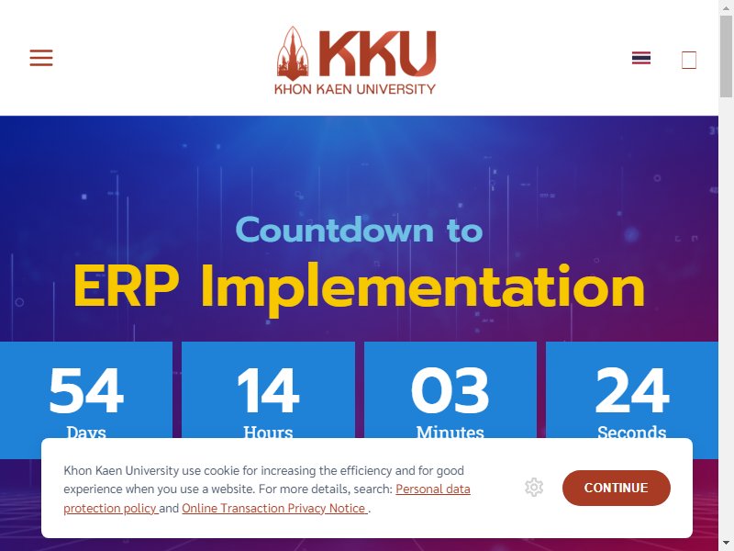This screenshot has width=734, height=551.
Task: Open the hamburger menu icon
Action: pos(41,58)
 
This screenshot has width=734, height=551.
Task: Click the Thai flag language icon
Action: pos(640,58)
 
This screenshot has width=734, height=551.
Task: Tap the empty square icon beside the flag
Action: pos(689,60)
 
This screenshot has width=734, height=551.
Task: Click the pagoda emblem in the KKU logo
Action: pos(293,53)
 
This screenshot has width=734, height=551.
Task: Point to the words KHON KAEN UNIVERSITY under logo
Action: pos(355,89)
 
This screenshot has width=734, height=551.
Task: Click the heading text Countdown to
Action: pos(359,231)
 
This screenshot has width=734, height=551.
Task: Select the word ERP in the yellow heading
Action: pos(127,286)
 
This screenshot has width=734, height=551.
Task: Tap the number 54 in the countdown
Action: pos(86,390)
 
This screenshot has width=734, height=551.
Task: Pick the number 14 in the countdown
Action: pos(268,390)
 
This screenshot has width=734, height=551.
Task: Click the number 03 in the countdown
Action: pos(450,390)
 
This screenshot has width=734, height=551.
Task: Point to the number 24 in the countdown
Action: pos(632,390)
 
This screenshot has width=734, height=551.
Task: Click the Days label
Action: pos(86,432)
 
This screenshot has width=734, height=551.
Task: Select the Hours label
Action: pos(268,432)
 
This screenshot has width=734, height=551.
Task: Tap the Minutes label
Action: pos(450,432)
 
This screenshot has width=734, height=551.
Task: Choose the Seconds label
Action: pos(632,432)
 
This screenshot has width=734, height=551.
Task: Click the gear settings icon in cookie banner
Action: pos(534,488)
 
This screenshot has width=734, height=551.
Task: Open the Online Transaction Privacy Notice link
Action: pos(274,509)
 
